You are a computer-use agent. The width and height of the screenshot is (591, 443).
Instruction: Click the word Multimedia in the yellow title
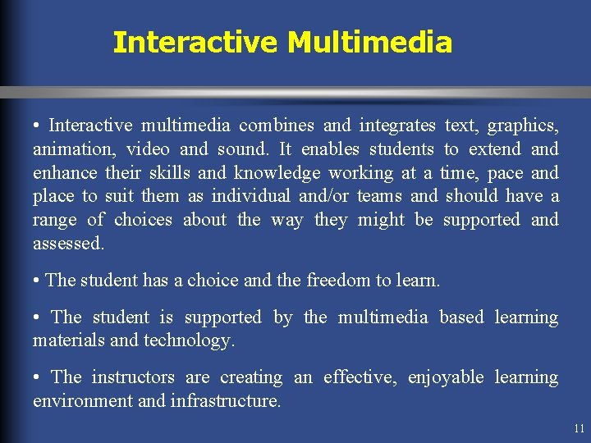(x=369, y=42)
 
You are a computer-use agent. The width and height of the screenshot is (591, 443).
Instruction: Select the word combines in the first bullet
(x=277, y=126)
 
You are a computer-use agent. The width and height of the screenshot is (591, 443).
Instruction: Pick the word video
(x=149, y=149)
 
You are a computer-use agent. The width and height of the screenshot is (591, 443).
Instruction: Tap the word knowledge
(x=277, y=173)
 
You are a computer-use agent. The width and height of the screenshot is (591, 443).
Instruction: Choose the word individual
(x=250, y=197)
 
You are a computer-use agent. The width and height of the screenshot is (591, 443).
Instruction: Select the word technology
(x=189, y=340)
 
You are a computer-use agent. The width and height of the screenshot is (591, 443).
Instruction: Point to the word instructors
(x=133, y=377)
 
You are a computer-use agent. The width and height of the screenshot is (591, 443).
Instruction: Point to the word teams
(x=379, y=197)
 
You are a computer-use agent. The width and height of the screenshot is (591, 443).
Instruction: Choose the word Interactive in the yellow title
(x=195, y=42)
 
